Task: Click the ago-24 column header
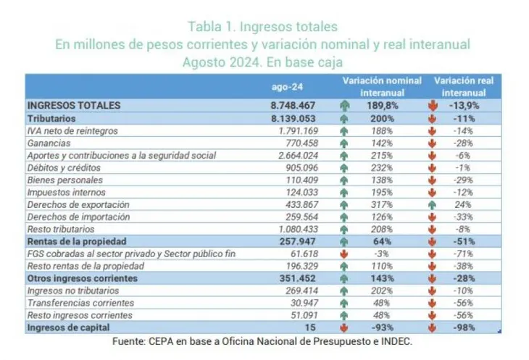coord(286,87)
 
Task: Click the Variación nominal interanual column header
coord(382,87)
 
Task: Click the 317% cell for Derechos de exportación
coord(385,204)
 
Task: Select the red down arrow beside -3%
coord(344,254)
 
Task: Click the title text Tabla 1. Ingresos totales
coord(262,27)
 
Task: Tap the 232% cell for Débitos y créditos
coord(385,167)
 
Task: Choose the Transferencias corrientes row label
coord(70,303)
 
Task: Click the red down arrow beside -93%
coord(344,327)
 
